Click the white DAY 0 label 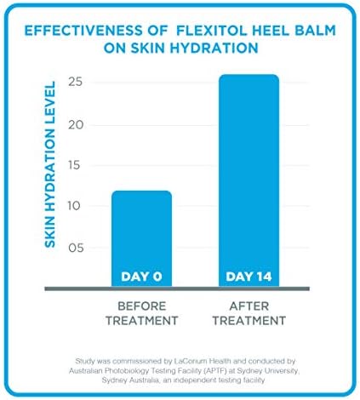click(x=142, y=277)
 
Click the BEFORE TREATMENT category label click(x=142, y=312)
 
